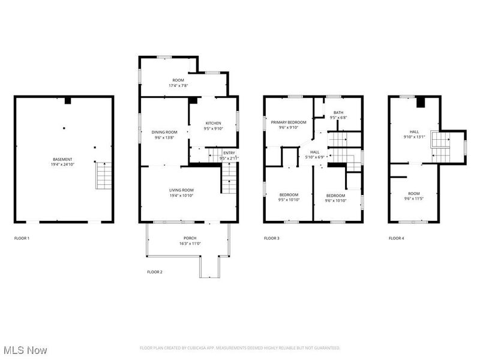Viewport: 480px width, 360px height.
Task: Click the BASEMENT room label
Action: click(62, 159)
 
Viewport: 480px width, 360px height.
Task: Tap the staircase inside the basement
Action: click(103, 176)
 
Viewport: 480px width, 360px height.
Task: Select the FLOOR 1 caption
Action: click(22, 238)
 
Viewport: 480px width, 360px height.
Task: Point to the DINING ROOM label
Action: click(164, 132)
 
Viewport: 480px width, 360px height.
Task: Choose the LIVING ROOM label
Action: click(181, 190)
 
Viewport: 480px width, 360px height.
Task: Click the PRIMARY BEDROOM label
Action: click(288, 122)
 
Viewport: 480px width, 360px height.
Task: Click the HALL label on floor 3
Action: click(314, 152)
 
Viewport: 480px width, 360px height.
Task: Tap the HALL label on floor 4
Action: click(415, 132)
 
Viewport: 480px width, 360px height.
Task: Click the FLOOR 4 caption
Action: click(396, 238)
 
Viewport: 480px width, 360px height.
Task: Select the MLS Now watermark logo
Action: click(25, 349)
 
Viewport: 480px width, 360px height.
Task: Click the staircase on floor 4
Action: click(441, 146)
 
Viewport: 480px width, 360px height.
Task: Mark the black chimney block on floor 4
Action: click(421, 103)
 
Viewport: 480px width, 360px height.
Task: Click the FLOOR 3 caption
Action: click(271, 238)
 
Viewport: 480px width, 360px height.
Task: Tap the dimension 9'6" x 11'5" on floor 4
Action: click(415, 198)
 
